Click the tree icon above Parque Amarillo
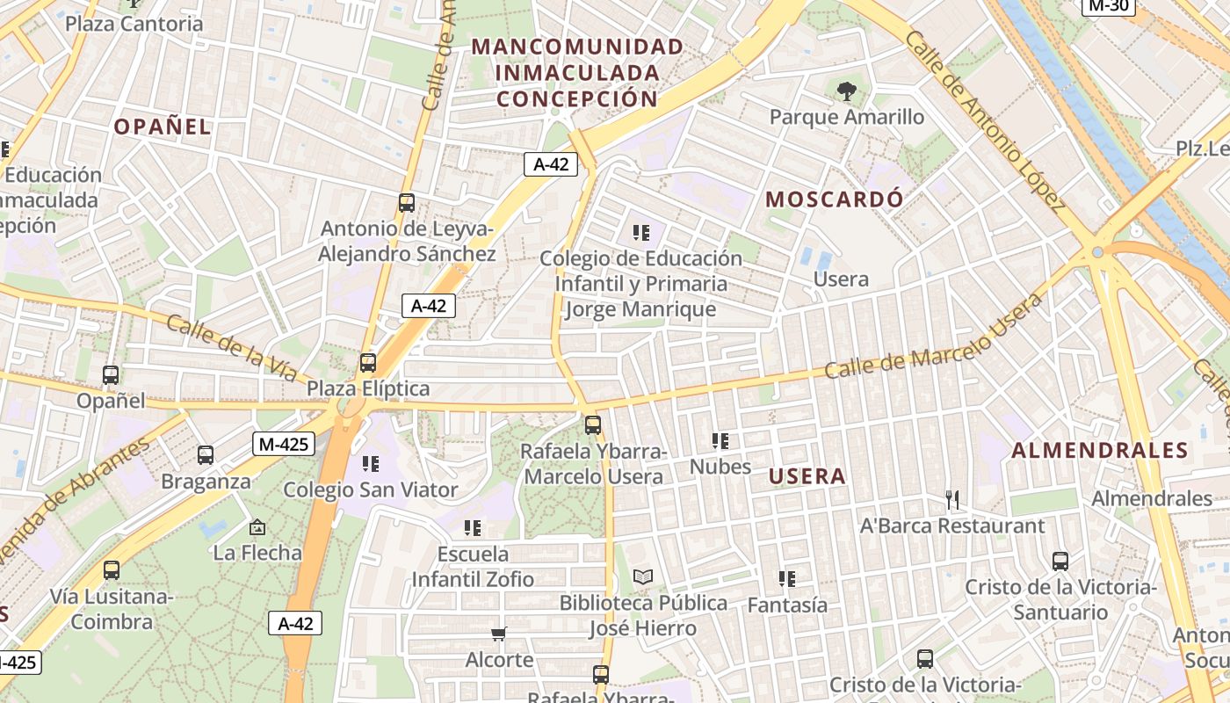coord(846,90)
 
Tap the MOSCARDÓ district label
coord(834,199)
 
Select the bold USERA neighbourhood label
coord(807,476)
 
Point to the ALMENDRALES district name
coord(1100,451)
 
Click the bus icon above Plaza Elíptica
coord(368,362)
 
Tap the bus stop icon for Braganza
coord(206,455)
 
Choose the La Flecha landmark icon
coord(257,527)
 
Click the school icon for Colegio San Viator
coord(371,463)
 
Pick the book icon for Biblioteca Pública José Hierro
coord(643,577)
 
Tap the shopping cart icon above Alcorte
coord(499,634)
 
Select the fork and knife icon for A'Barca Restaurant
coord(952,500)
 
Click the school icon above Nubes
coord(720,440)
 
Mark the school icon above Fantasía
coord(787,579)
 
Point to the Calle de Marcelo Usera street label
coord(933,337)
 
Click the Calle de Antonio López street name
coord(985,121)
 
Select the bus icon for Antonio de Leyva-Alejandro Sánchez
coord(407,203)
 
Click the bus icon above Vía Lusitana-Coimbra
coord(112,570)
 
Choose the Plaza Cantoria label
coord(134,24)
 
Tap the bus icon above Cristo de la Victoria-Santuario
coord(1060,561)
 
